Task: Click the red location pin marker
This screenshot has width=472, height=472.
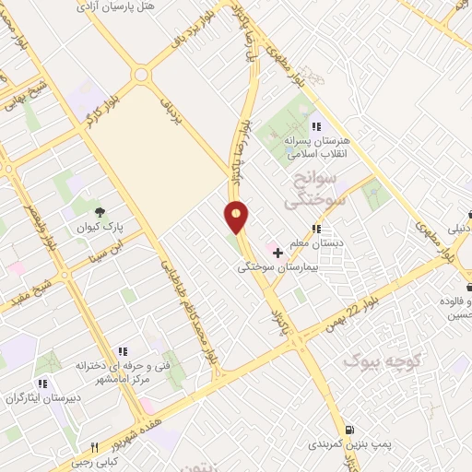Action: point(237,218)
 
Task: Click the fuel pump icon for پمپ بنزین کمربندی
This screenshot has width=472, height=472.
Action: point(348,429)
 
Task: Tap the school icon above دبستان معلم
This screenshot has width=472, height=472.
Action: point(317,229)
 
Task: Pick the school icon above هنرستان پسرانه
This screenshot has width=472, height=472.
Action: point(316,126)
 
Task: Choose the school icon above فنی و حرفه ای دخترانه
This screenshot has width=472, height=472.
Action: point(122,350)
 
